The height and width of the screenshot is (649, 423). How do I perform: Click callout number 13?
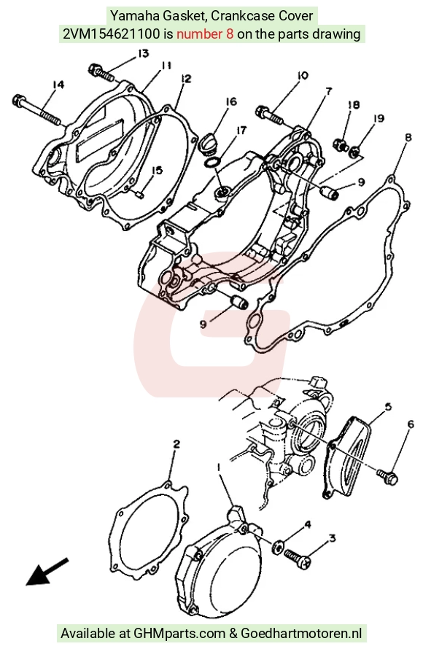[143, 54]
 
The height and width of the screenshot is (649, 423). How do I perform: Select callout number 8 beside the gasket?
[408, 139]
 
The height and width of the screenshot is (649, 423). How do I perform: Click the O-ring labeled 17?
[212, 163]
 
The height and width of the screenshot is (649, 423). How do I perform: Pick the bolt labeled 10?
[271, 114]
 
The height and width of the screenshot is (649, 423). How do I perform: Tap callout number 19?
[379, 119]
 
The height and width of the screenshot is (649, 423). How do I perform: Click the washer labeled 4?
[278, 546]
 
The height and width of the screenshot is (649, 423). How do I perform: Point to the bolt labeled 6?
[388, 475]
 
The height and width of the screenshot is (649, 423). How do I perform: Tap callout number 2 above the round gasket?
[176, 445]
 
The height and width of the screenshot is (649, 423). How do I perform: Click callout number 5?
[388, 407]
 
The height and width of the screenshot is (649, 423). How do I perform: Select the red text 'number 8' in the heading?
[205, 34]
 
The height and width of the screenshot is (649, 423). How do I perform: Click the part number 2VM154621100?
[111, 34]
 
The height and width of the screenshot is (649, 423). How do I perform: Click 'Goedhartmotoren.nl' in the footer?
[301, 633]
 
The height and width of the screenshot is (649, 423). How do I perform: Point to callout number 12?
[186, 79]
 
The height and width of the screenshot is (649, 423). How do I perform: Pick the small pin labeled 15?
[139, 193]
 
